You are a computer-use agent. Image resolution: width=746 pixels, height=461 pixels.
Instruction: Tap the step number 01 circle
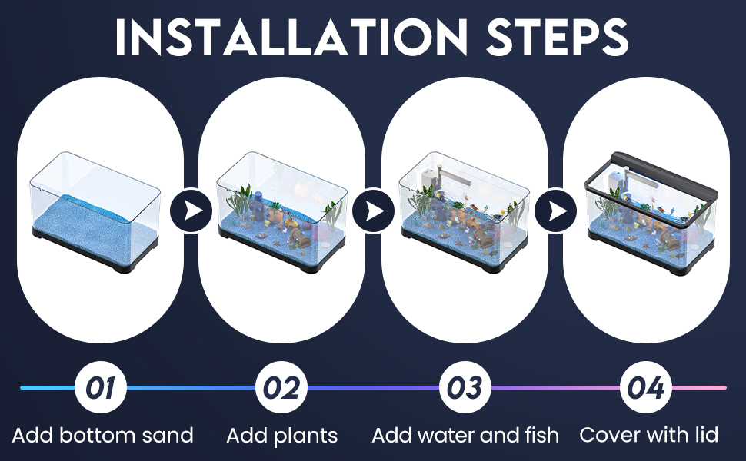(x=100, y=387)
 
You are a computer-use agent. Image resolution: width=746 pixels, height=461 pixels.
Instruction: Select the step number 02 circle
(x=281, y=387)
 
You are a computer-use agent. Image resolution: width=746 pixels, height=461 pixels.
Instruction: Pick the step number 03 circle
(x=465, y=387)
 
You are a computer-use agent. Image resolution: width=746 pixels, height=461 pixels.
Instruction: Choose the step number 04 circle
(x=646, y=387)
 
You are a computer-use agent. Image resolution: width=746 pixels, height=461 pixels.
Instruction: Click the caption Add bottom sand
(x=103, y=436)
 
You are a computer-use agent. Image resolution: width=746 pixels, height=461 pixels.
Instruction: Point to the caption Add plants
(x=282, y=436)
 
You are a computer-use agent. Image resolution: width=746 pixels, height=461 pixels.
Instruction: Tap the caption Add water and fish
(x=465, y=436)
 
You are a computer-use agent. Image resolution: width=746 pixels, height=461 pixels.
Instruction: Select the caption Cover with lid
(x=648, y=436)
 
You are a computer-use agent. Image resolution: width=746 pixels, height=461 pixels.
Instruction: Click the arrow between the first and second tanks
(x=191, y=210)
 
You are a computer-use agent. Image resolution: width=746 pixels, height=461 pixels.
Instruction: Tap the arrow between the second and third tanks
(x=373, y=210)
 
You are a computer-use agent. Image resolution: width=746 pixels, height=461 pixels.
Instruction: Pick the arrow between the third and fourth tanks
(x=555, y=210)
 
